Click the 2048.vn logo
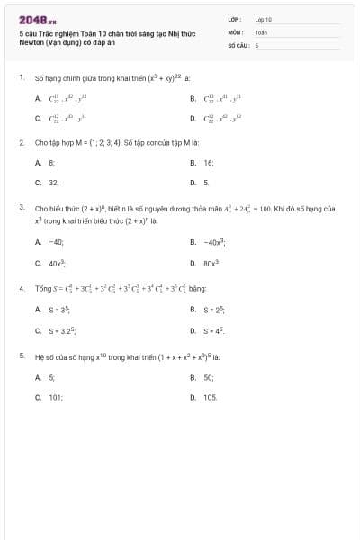tap(37, 19)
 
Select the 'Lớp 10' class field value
tap(264, 19)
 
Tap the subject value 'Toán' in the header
tap(261, 31)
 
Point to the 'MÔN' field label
tap(236, 31)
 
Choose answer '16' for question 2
tap(209, 163)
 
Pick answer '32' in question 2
tap(53, 182)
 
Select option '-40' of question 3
tap(56, 242)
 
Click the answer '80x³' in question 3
tap(211, 263)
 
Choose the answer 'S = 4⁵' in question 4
tap(213, 330)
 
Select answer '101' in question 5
tap(55, 396)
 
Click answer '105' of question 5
tap(211, 396)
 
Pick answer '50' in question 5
tap(209, 377)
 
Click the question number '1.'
tap(21, 77)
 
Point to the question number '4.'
tap(21, 289)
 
